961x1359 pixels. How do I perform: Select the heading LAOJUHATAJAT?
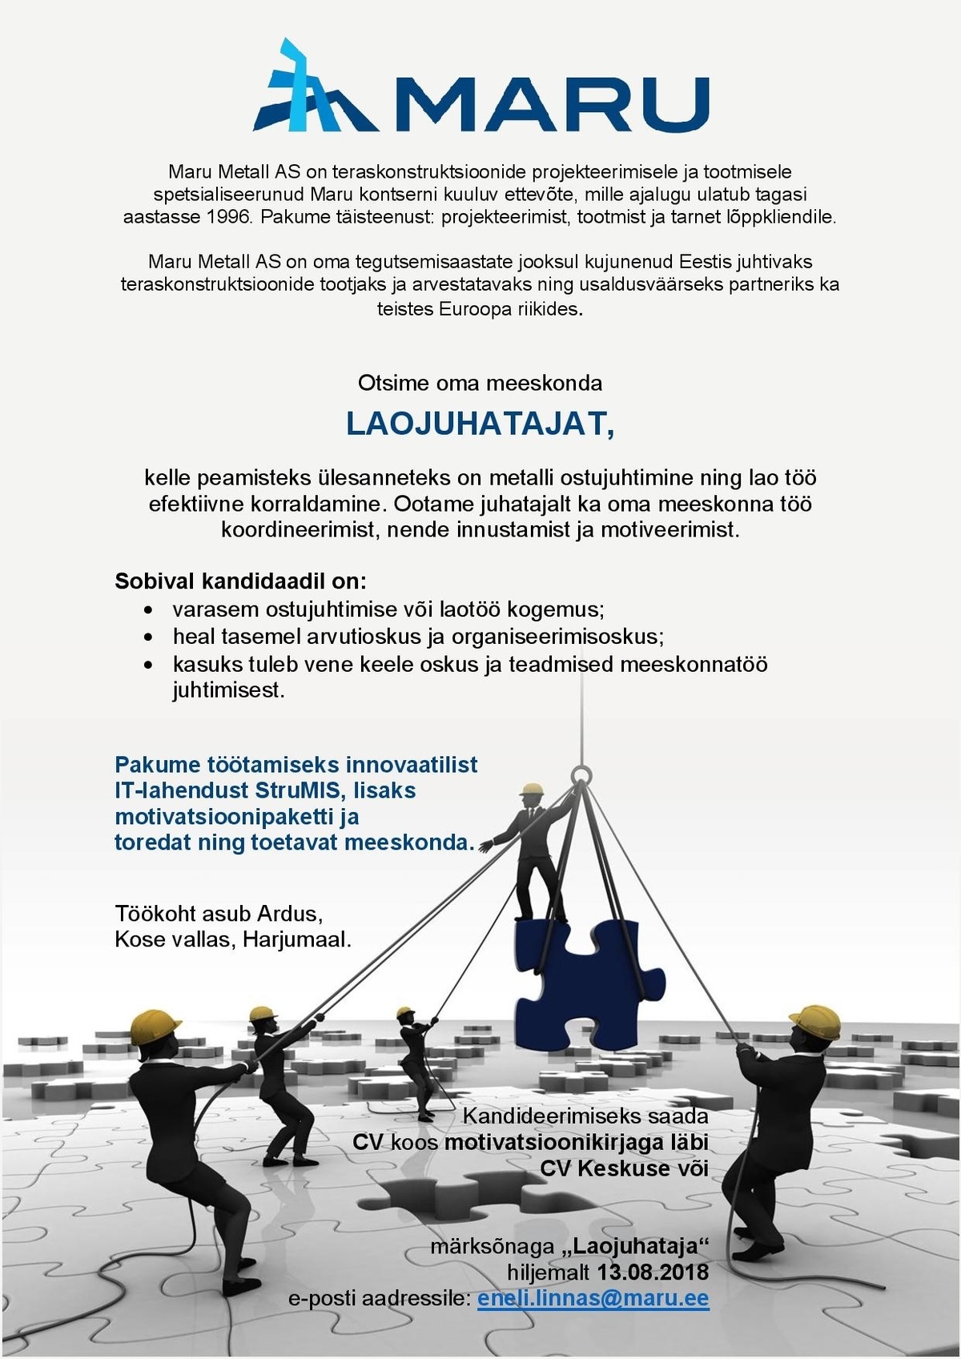[x=480, y=424]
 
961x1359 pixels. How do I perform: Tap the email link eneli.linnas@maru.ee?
[x=593, y=1298]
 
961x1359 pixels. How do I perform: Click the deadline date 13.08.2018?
[x=653, y=1272]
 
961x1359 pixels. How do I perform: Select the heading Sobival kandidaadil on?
[x=240, y=581]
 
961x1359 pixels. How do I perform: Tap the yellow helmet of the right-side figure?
[x=818, y=1020]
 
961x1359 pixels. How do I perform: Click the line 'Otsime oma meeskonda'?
[x=480, y=383]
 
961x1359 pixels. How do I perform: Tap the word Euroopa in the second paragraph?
[x=475, y=308]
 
